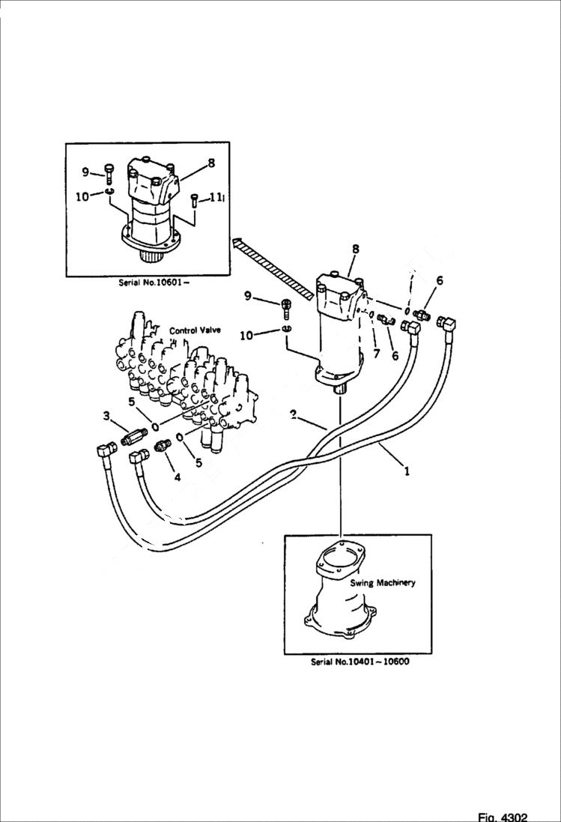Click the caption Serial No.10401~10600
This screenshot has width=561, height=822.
coord(360,662)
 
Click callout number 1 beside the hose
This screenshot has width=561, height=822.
coord(407,472)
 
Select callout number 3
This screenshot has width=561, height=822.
coord(107,416)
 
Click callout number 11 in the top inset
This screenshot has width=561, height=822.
coord(216,198)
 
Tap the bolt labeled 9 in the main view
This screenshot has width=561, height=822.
coord(286,307)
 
